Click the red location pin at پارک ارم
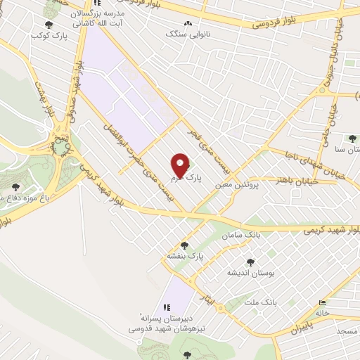click(181, 165)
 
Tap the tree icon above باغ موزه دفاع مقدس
click(15, 186)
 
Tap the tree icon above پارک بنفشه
click(184, 245)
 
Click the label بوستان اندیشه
click(250, 272)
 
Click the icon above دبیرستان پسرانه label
click(167, 307)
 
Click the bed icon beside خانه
click(331, 303)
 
